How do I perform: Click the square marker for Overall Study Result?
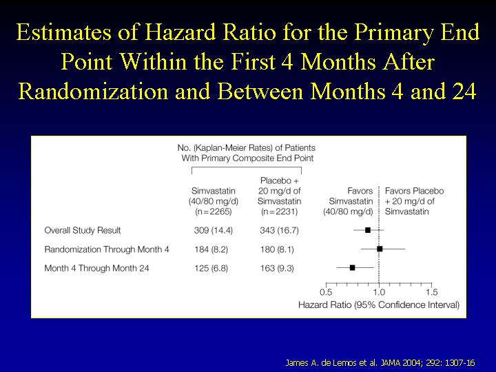368,230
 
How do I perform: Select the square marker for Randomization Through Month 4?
380,249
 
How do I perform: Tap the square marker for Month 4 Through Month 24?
353,267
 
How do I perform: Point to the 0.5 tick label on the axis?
326,292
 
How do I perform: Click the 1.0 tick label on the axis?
379,292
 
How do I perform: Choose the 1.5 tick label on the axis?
432,292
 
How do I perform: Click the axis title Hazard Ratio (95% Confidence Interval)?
379,305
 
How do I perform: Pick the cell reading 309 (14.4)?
213,230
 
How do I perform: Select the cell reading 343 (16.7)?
279,230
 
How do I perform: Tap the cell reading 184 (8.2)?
211,249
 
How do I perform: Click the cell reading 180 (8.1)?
277,249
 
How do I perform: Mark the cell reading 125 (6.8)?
211,268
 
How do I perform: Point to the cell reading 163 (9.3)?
277,268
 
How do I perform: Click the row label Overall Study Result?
83,230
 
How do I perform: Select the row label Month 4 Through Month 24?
96,268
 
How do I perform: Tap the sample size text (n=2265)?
213,211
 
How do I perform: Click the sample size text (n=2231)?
279,211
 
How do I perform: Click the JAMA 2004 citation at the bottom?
380,363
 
